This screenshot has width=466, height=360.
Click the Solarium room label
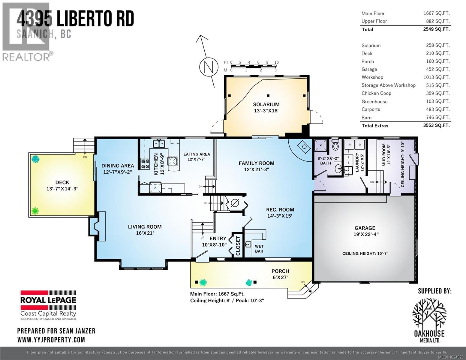tap(266, 104)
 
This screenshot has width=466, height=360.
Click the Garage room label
tap(365, 228)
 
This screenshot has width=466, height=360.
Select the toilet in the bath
tap(335, 145)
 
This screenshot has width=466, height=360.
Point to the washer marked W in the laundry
tap(350, 145)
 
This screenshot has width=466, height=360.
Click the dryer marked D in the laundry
tap(360, 145)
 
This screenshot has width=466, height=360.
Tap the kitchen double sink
tap(159, 143)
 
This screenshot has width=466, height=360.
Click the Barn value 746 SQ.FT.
tap(436, 117)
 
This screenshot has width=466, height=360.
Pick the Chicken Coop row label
tap(376, 93)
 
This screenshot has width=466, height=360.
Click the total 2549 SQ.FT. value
tap(436, 29)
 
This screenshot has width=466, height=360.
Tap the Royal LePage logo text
tap(48, 300)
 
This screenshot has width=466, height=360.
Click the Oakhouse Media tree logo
tap(429, 313)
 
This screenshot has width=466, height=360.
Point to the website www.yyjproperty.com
tap(51, 340)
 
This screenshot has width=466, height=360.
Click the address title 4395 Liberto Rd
tap(75, 19)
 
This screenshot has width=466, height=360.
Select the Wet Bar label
tap(259, 249)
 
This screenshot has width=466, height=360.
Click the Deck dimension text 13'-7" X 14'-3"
tap(62, 189)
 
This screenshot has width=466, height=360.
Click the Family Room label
tap(256, 163)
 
